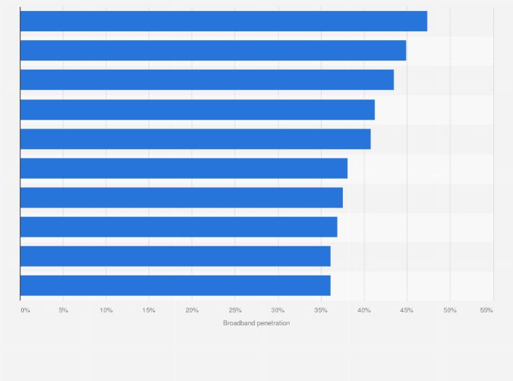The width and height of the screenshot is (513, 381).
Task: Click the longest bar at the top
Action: coord(223,21)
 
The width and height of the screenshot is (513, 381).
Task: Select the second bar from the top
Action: coord(213,50)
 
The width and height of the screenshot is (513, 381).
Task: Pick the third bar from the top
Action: coord(207,80)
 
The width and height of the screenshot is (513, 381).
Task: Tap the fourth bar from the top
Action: coord(197,110)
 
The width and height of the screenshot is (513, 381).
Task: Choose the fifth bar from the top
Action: coord(195,139)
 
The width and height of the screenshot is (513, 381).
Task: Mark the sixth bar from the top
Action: coord(184,168)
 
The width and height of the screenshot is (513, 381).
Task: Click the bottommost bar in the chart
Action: coord(175,285)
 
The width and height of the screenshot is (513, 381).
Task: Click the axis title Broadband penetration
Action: coord(256,322)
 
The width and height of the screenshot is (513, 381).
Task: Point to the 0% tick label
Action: coord(25,310)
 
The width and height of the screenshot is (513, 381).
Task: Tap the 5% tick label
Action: coord(63,310)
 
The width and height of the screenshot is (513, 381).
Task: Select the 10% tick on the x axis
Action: coord(106,310)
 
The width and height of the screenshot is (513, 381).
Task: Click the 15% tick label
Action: coord(149,310)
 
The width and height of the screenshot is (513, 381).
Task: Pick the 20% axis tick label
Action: coord(192,310)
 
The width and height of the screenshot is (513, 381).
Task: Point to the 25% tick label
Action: coord(235,310)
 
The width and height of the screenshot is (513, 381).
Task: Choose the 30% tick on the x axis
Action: coord(278,310)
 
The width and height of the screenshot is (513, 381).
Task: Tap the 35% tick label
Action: coord(320,310)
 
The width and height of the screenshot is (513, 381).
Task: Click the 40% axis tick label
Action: coord(364,310)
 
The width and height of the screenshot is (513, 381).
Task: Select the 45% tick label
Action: coord(407,310)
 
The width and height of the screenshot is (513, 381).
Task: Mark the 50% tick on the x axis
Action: coord(450,310)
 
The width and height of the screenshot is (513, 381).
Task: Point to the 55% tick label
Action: coord(486,310)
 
